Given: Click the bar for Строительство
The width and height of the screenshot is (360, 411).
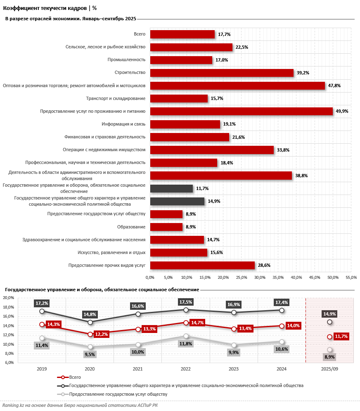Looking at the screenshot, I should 222,73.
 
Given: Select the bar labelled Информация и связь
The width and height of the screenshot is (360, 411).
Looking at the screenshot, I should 185,124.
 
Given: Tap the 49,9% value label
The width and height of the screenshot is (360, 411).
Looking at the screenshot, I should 342,112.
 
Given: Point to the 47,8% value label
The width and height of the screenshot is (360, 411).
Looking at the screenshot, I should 334,86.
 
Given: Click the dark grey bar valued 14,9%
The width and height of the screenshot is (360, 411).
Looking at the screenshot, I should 177,201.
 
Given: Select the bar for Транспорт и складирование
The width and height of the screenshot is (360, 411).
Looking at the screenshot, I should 179,98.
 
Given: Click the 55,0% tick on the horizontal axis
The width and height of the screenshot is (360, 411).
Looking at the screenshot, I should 351,277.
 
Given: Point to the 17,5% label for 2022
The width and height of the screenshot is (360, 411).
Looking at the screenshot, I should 186,302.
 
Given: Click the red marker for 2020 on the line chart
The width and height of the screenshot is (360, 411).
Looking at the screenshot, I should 90,334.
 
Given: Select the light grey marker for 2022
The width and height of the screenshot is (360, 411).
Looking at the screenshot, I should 186,336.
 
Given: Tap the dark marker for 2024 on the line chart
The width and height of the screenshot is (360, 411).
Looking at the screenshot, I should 282,310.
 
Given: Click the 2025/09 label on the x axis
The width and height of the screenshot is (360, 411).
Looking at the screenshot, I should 329,368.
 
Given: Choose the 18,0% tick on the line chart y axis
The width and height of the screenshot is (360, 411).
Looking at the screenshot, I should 9,307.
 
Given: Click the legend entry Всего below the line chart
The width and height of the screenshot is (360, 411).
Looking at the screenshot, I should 75,377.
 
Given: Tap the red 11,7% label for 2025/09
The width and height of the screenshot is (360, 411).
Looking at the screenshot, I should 341,337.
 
